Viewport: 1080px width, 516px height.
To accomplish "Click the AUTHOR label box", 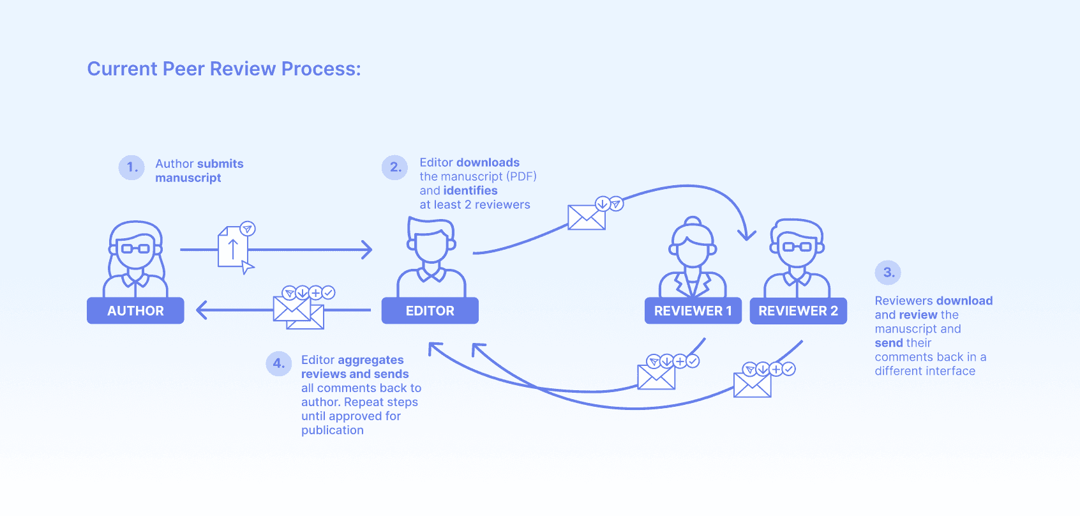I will tap(135, 311).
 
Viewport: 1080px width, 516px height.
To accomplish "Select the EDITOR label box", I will tap(430, 311).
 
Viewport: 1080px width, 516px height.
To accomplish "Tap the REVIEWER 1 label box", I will tap(693, 311).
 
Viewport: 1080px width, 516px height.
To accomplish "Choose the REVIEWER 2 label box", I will tap(798, 311).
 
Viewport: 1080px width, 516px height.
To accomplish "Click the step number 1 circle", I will tap(131, 167).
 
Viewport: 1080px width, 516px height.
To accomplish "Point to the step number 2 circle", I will tap(394, 167).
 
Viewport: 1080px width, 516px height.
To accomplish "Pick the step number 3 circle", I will tap(888, 273).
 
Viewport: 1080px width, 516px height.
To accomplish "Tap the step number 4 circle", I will tap(278, 363).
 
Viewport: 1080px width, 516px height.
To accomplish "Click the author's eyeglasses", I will tap(135, 248).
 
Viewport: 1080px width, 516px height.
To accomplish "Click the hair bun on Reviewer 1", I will tap(693, 222).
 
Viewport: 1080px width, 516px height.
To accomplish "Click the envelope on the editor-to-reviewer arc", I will tap(587, 218).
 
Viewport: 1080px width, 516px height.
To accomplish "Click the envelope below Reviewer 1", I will tap(656, 377).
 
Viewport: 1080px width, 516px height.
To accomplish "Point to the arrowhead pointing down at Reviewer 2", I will tap(747, 235).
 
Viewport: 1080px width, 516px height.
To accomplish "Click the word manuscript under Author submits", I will tap(188, 178).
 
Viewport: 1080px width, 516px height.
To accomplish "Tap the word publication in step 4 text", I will tap(332, 430).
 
